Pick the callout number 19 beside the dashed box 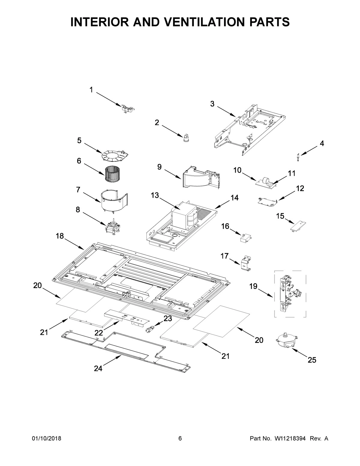[253, 286]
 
